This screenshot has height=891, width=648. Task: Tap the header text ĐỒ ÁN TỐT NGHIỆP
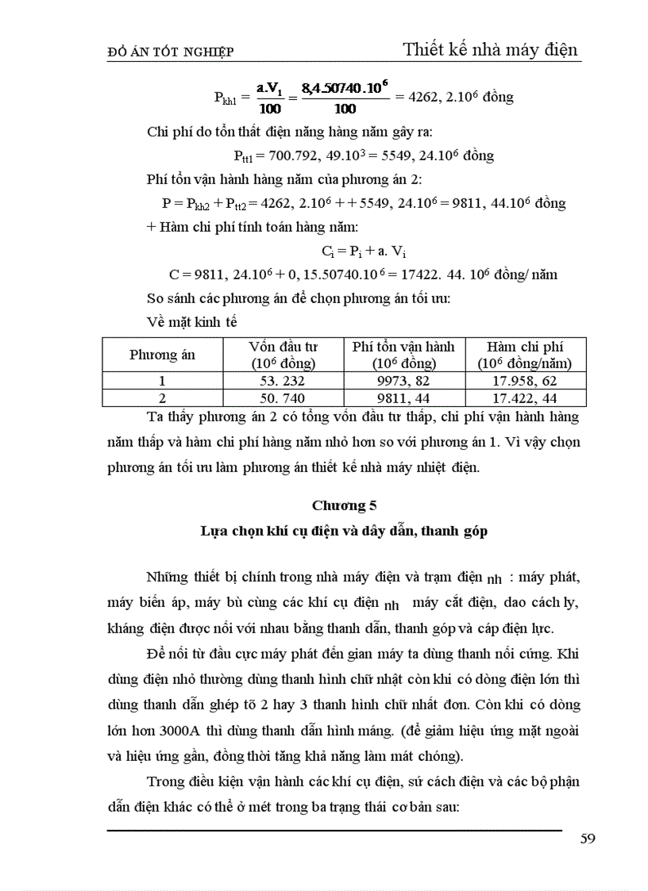tap(170, 52)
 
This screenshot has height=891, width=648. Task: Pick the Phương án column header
tap(162, 355)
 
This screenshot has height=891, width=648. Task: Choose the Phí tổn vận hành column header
tap(403, 355)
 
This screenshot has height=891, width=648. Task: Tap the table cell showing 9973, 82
tap(403, 382)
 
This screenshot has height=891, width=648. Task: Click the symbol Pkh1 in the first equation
tap(232, 98)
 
